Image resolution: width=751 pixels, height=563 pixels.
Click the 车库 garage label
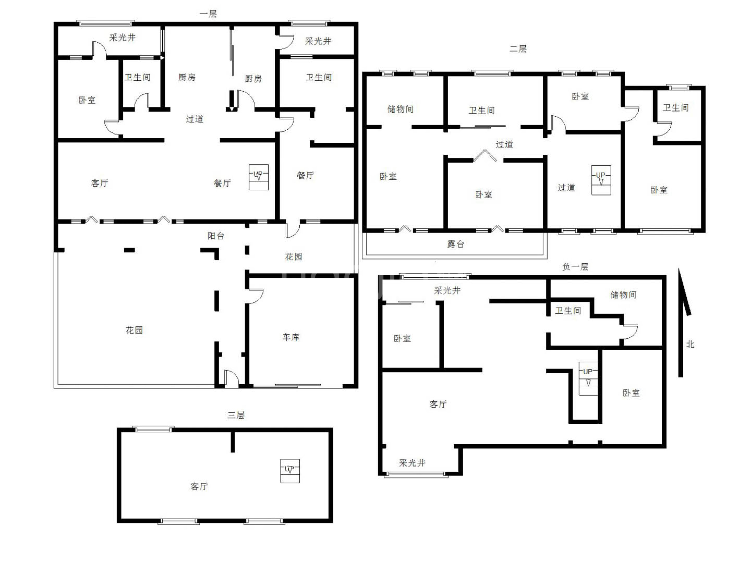(x=291, y=337)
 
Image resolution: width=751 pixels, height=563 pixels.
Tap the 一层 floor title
(x=208, y=14)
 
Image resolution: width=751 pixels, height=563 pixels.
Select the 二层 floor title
(x=518, y=49)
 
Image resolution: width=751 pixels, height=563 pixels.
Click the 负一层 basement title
(x=575, y=267)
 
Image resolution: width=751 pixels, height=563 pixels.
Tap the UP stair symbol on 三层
(x=290, y=471)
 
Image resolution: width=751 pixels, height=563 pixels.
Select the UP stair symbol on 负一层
(x=588, y=378)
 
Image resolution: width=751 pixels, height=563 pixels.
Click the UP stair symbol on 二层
(x=601, y=180)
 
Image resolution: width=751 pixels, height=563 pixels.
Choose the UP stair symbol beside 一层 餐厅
(x=259, y=177)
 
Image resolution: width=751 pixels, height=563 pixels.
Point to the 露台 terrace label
(x=456, y=244)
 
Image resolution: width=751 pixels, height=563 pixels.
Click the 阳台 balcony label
(x=216, y=236)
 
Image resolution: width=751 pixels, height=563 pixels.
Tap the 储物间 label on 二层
(x=400, y=109)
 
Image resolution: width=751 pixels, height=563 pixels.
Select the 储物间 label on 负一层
(x=623, y=295)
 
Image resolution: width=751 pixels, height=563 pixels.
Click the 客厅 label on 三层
(x=199, y=486)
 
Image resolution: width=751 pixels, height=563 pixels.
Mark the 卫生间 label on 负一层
(x=568, y=311)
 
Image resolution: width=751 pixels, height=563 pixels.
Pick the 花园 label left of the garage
(x=134, y=330)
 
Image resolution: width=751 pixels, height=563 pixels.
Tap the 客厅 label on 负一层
(x=438, y=404)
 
